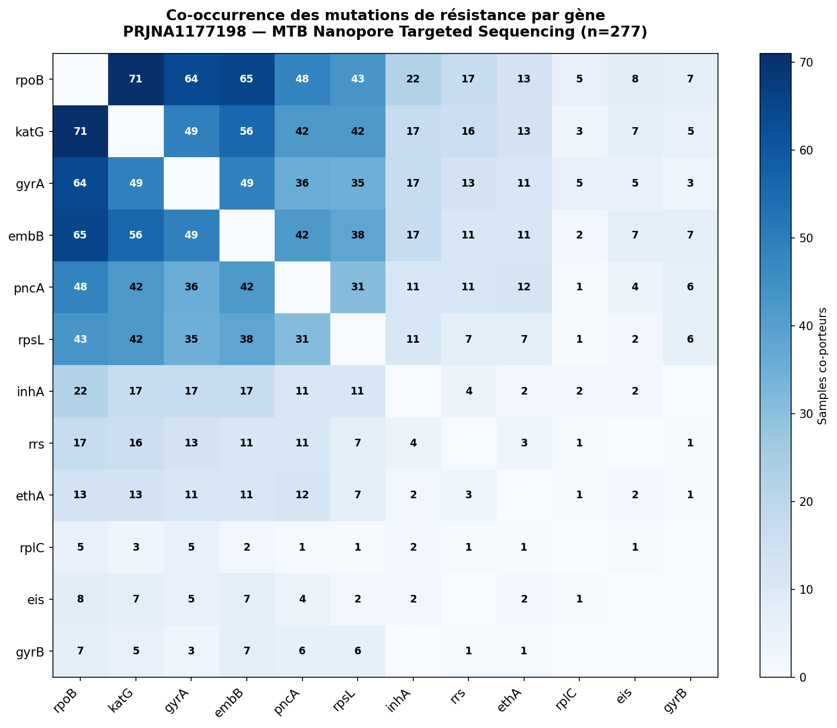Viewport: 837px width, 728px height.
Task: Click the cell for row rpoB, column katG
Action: click(135, 79)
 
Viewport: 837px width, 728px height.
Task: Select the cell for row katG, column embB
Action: click(246, 131)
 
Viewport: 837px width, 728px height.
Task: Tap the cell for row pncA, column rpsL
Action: click(358, 287)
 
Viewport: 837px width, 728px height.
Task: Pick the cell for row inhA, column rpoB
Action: click(80, 391)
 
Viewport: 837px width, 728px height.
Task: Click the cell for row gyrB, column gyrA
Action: click(191, 651)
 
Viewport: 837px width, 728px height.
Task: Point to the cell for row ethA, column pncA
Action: click(302, 495)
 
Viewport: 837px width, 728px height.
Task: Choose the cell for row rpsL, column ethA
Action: click(524, 339)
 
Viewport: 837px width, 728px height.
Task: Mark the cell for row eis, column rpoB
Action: click(80, 599)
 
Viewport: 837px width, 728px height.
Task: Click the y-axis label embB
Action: click(26, 236)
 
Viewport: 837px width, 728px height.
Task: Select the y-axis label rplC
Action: click(32, 548)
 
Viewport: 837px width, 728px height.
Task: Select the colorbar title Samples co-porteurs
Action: click(822, 366)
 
